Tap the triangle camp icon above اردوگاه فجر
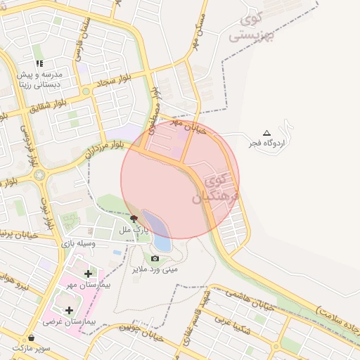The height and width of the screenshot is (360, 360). click(x=266, y=133)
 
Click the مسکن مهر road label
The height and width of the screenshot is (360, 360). click(x=198, y=30)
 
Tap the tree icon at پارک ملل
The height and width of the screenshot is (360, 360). click(x=134, y=219)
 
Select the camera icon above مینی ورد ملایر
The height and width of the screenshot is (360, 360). click(x=155, y=258)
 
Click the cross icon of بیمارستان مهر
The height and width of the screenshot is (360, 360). click(x=87, y=273)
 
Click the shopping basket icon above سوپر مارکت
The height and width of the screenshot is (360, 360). click(x=32, y=337)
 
